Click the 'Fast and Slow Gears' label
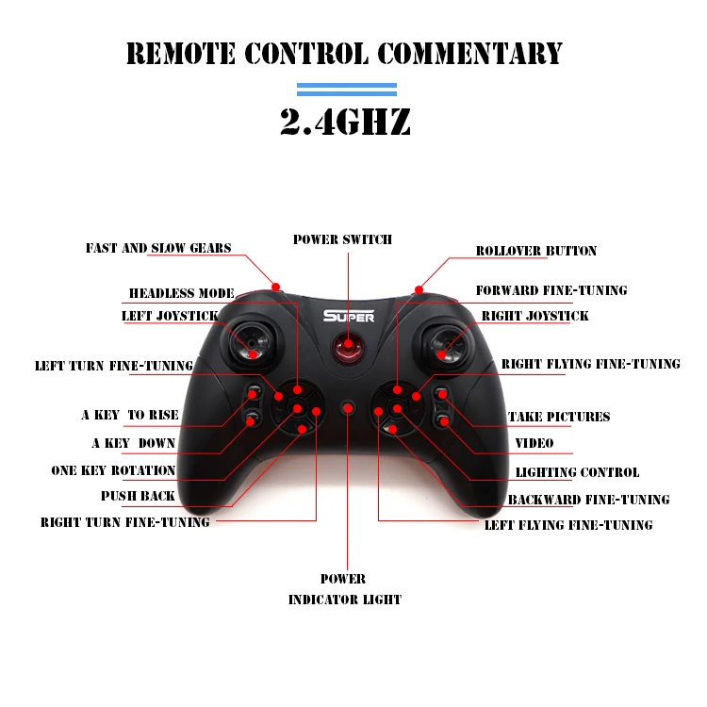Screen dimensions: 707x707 point(158,249)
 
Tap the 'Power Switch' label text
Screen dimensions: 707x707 point(342,239)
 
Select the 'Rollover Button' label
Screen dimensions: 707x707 point(535,251)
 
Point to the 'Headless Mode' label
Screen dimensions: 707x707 point(181,293)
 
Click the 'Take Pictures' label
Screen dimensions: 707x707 point(559,417)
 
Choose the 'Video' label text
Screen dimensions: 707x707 point(534,443)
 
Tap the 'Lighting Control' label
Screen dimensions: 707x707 point(577,472)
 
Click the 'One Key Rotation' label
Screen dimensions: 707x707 point(113,470)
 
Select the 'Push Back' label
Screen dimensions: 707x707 point(138,496)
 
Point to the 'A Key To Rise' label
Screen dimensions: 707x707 point(130,415)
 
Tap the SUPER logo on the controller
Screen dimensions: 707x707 point(349,317)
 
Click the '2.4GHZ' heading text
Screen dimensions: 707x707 point(345,122)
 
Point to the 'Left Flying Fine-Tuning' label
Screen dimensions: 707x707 point(567,525)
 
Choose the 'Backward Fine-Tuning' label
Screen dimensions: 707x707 point(588,500)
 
